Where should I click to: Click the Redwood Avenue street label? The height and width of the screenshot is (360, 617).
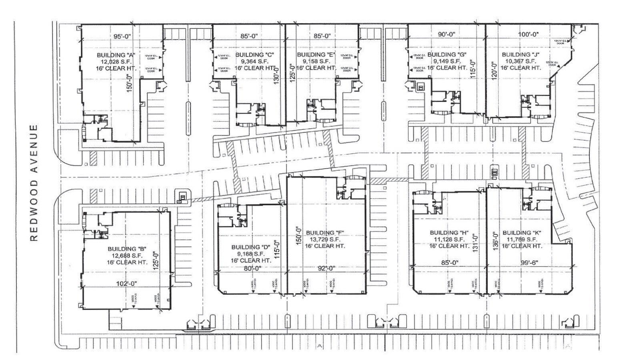pos(35,183)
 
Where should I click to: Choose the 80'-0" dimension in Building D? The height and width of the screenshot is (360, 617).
pos(252,268)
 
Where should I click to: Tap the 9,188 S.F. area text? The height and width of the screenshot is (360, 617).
pos(251,254)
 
